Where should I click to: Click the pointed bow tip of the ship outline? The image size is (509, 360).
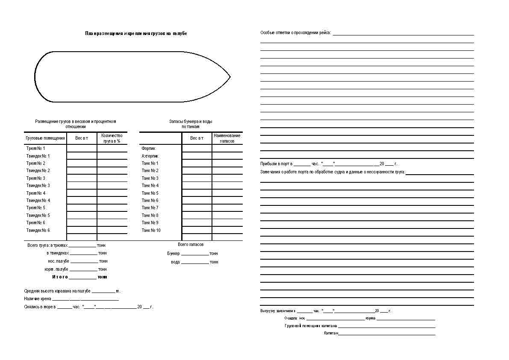[230, 77]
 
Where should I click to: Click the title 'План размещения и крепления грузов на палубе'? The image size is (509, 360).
[136, 33]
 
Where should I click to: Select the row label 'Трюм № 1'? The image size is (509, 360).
[35, 149]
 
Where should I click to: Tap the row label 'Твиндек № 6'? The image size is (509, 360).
[38, 230]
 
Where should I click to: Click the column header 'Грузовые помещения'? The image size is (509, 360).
[45, 138]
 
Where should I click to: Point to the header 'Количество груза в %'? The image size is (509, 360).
[112, 138]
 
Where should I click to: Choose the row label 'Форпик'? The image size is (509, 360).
[148, 149]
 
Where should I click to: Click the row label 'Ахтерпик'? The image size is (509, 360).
[150, 156]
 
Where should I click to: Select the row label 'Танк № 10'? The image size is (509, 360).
[151, 230]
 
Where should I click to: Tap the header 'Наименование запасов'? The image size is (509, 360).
[227, 138]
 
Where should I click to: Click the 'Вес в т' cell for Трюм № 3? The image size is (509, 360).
[82, 178]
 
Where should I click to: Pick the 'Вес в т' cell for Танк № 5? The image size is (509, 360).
[197, 193]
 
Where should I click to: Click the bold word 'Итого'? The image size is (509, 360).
[60, 277]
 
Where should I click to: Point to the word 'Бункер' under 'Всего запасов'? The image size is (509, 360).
[174, 254]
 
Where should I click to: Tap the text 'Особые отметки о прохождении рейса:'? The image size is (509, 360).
[296, 33]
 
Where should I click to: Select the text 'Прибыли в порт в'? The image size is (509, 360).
[277, 164]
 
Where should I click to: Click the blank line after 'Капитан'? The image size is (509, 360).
[386, 333]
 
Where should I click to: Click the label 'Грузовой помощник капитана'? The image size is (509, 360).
[311, 326]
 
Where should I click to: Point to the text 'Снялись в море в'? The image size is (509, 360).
[40, 307]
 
